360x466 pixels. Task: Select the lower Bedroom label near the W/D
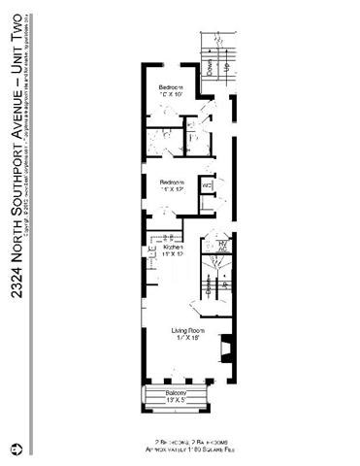(x=172, y=183)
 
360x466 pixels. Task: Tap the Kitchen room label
(x=174, y=248)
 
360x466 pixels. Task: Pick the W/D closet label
(x=205, y=184)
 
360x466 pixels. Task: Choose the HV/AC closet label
(x=222, y=245)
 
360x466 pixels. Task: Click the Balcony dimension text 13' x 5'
(x=175, y=399)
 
